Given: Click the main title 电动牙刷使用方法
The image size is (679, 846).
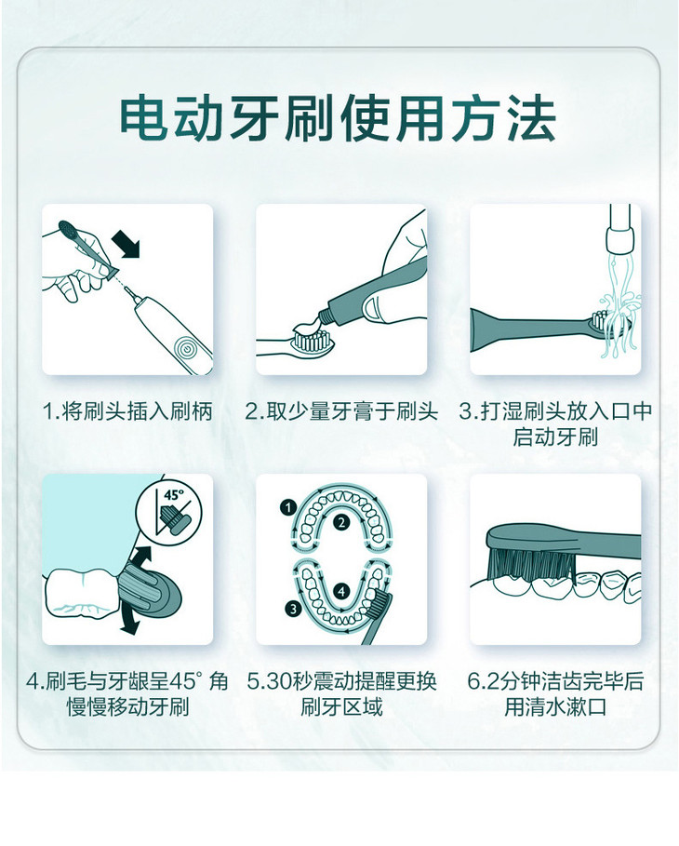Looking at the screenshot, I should (x=339, y=117).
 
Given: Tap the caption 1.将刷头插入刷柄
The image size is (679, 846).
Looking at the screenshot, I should (x=127, y=411).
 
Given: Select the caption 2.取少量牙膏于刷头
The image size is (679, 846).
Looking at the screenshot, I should (x=340, y=411).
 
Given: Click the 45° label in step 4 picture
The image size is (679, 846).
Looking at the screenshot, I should (x=173, y=496).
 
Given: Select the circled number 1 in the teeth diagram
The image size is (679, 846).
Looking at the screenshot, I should (x=288, y=507).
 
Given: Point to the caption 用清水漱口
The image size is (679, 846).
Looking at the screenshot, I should (x=555, y=707).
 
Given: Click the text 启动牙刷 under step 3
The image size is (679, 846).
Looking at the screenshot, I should (x=555, y=437).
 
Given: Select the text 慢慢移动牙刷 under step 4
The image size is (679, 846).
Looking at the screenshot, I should (x=127, y=707).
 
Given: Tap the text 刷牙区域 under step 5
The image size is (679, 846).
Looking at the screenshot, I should (x=340, y=707).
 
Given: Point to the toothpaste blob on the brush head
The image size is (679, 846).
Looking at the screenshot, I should (x=306, y=330).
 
